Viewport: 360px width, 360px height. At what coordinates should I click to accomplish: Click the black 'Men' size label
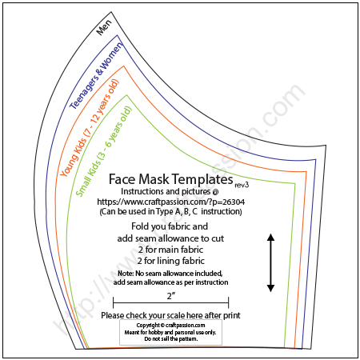(x=105, y=27)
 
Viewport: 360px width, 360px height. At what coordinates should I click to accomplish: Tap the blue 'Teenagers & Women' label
(x=97, y=75)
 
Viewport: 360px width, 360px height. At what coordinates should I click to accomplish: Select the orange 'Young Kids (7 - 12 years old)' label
(x=90, y=128)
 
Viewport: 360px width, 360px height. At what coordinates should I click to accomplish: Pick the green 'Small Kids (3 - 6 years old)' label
(x=104, y=151)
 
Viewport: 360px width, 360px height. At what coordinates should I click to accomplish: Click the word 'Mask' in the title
(x=154, y=179)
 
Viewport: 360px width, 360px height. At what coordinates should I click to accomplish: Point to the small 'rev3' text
(x=242, y=185)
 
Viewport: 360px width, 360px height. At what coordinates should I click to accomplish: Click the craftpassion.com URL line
(x=170, y=202)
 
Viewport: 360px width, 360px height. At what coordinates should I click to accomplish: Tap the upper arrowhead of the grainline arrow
(x=270, y=237)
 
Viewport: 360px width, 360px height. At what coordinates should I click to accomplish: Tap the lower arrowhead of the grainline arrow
(x=270, y=288)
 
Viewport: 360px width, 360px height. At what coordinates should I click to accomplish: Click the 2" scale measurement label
(x=171, y=296)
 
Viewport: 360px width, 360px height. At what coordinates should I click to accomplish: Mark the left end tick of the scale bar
(x=114, y=302)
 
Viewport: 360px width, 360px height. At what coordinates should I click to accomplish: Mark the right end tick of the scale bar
(x=228, y=302)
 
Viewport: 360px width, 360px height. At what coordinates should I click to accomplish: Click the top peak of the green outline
(x=127, y=95)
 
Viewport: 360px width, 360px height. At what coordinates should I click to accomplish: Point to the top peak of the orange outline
(x=124, y=66)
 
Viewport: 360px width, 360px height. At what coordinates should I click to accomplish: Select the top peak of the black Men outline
(x=111, y=12)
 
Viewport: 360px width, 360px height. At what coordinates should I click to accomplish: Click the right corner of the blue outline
(x=316, y=160)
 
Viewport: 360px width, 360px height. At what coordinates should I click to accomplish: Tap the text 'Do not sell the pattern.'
(x=171, y=339)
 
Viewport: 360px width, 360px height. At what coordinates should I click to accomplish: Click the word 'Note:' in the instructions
(x=126, y=274)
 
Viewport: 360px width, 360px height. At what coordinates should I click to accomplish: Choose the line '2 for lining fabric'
(x=171, y=261)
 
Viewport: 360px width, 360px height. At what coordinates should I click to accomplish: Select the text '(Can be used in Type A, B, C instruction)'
(x=170, y=212)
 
